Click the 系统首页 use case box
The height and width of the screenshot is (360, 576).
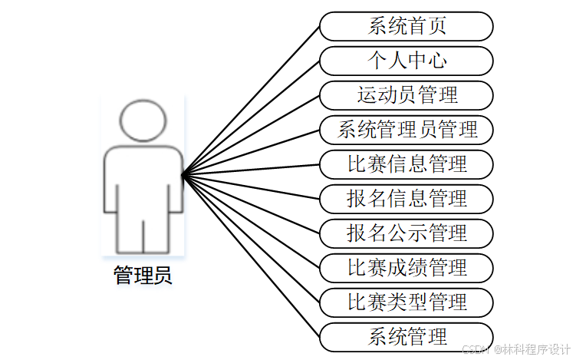[406, 26]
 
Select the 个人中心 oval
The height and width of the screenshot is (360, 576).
[406, 61]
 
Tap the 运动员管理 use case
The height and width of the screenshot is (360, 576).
[406, 95]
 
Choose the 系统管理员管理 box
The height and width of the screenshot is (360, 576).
[406, 130]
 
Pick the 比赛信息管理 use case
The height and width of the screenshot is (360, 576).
[406, 164]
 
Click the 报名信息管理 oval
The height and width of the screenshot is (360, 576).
[406, 199]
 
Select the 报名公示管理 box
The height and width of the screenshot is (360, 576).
[406, 233]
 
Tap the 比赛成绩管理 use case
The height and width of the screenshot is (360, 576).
[406, 267]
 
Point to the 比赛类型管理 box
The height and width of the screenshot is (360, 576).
[406, 302]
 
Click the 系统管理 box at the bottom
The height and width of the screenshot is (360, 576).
[406, 336]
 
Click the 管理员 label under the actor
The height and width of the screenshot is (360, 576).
[143, 276]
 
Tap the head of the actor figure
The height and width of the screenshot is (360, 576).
[143, 120]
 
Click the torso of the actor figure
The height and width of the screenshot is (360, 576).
[143, 180]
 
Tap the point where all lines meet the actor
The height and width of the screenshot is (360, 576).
[183, 176]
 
